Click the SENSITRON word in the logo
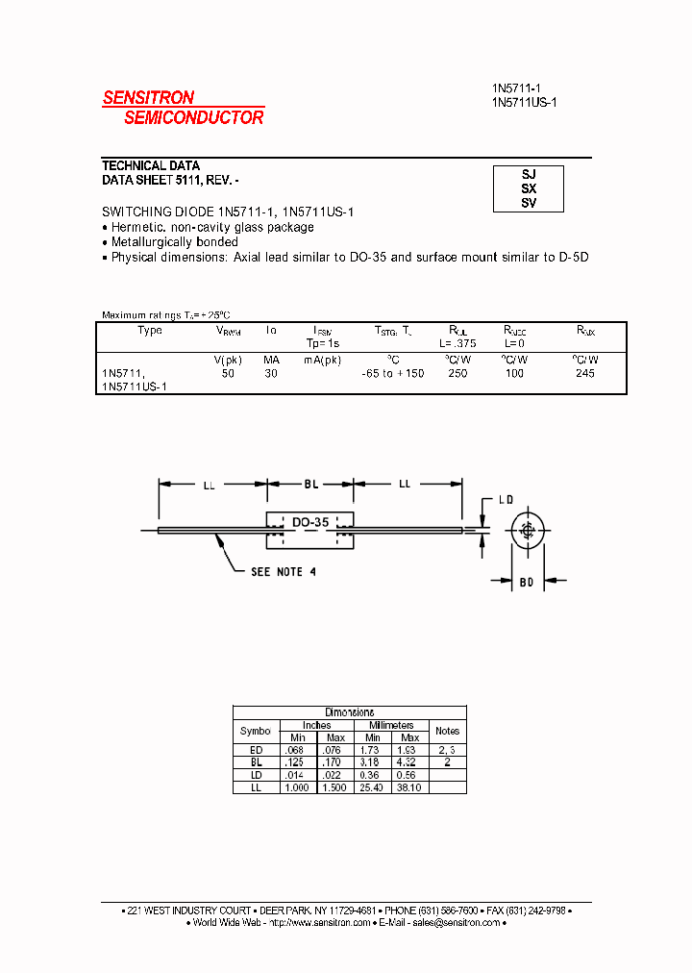coord(149,97)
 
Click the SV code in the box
coord(529,203)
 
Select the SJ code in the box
coord(529,175)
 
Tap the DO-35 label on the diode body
coord(310,522)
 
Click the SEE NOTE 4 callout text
coord(284,572)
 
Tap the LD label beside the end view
coord(507,501)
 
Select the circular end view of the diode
coord(528,531)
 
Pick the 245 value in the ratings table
coord(584,373)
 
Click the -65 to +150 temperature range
coord(392,373)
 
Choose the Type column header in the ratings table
coord(151,331)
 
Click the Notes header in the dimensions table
coord(447,731)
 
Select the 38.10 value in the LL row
coord(409,787)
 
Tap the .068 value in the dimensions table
coord(293,749)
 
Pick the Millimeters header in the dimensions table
coord(391,725)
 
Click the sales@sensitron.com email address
coord(457,922)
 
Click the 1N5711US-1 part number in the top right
coord(524,102)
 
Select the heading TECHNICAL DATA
coord(151,166)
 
